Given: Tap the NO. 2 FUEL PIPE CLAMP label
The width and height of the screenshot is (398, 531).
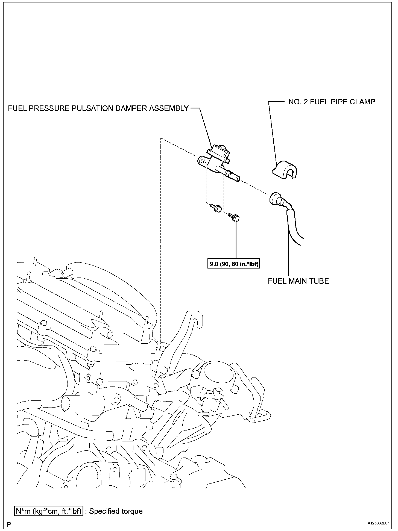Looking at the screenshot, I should click(x=332, y=102).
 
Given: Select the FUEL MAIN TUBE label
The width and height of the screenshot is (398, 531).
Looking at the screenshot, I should click(x=298, y=281).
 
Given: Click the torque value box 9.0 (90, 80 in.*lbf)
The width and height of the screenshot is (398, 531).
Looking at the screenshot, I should click(x=233, y=264).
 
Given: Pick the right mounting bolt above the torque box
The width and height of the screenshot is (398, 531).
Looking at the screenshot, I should click(x=235, y=217).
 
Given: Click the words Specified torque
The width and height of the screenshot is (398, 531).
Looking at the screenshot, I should click(x=116, y=511).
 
